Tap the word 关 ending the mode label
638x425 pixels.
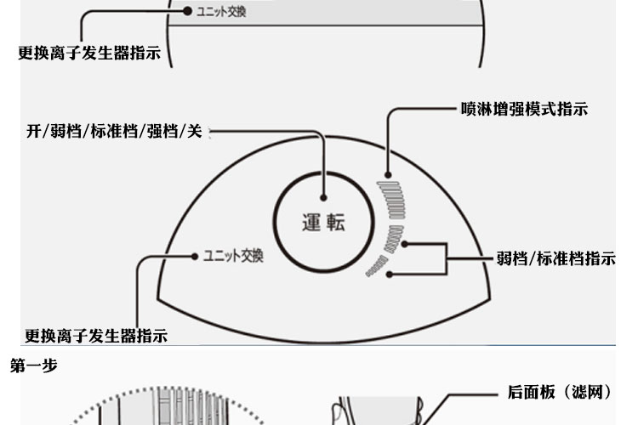(x=194, y=132)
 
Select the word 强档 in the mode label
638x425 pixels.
(x=161, y=132)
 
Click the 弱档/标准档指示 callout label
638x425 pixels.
(x=555, y=258)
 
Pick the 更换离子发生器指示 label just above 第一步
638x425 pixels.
(x=95, y=335)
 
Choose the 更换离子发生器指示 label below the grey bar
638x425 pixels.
(x=89, y=53)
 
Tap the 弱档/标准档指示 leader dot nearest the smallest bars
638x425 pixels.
(x=390, y=274)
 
